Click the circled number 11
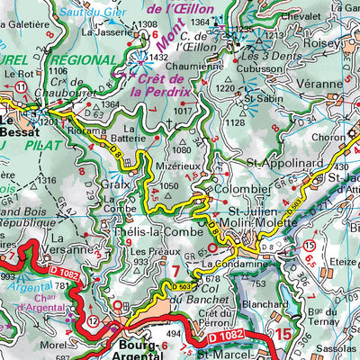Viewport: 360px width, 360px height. [20, 85]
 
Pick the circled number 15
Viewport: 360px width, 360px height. [309, 245]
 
